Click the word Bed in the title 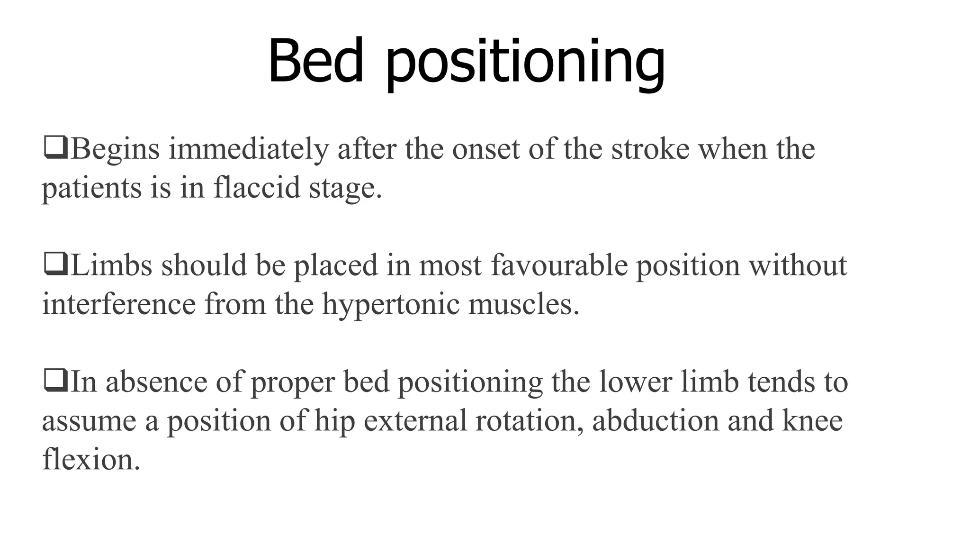pyautogui.click(x=315, y=62)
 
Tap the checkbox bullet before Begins pyautogui.click(x=55, y=148)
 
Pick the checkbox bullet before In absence pyautogui.click(x=55, y=381)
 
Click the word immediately pyautogui.click(x=248, y=149)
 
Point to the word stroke pyautogui.click(x=650, y=149)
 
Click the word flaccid pyautogui.click(x=257, y=188)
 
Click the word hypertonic pyautogui.click(x=391, y=305)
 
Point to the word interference pyautogui.click(x=119, y=304)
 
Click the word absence pyautogui.click(x=156, y=382)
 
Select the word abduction pyautogui.click(x=656, y=421)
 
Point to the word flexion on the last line pyautogui.click(x=91, y=460)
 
